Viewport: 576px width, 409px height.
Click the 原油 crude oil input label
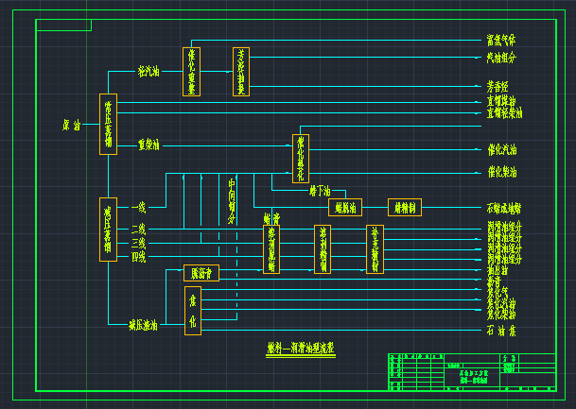(x=71, y=125)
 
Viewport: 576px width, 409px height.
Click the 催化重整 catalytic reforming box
(x=191, y=71)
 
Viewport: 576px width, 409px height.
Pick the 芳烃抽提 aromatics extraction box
(x=241, y=71)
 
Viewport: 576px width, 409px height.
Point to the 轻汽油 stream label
(x=148, y=71)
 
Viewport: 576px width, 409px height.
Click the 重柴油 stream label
(x=148, y=145)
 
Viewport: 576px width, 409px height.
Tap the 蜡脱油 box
(x=344, y=208)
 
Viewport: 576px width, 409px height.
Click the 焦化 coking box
(x=192, y=312)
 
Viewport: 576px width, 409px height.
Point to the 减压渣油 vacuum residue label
(x=144, y=325)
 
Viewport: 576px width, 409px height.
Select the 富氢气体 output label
(x=501, y=41)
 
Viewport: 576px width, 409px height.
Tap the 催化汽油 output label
(x=501, y=148)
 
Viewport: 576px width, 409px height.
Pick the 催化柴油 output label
(x=501, y=173)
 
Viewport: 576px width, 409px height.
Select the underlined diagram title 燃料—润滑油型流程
(x=301, y=348)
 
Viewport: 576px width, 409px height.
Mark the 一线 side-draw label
(x=139, y=206)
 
